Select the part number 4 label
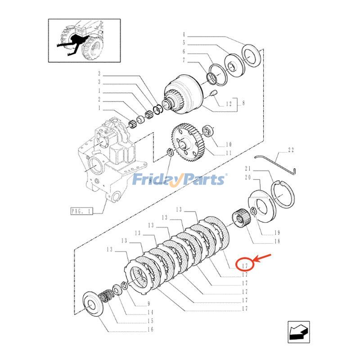pyautogui.click(x=184, y=35)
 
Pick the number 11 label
pyautogui.click(x=229, y=153)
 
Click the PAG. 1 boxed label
pyautogui.click(x=81, y=211)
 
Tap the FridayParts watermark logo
pyautogui.click(x=180, y=180)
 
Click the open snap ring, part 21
pyautogui.click(x=284, y=194)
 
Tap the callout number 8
pyautogui.click(x=243, y=103)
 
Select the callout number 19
pyautogui.click(x=277, y=233)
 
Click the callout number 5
pyautogui.click(x=184, y=43)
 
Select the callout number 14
pyautogui.click(x=150, y=312)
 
